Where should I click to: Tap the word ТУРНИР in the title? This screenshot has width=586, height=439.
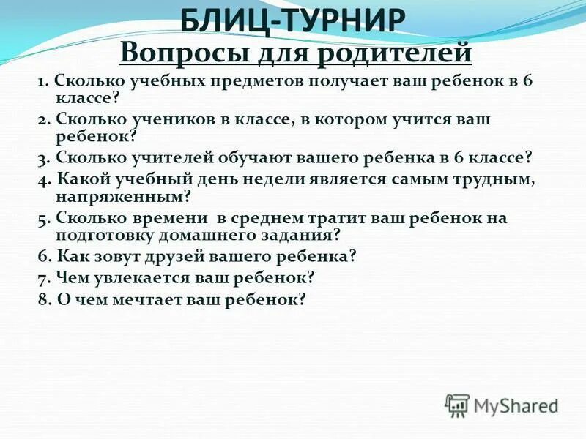[345, 20]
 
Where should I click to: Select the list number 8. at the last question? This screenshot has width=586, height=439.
[43, 299]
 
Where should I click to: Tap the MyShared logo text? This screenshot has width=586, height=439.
[516, 404]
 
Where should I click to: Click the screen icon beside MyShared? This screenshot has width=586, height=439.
[457, 405]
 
